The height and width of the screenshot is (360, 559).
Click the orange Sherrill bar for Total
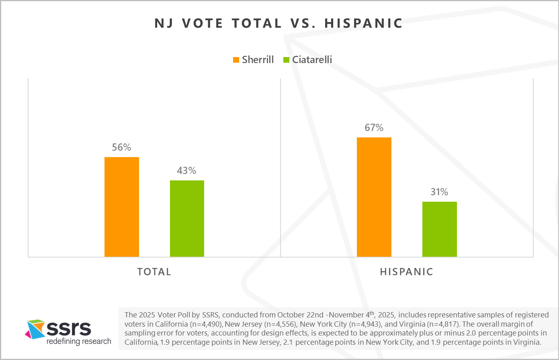click(x=121, y=207)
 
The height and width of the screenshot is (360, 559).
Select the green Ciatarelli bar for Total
click(x=187, y=219)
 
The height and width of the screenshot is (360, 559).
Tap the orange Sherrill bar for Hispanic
click(x=374, y=197)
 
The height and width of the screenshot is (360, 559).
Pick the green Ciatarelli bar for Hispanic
click(x=439, y=229)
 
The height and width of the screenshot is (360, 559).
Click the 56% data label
click(x=121, y=147)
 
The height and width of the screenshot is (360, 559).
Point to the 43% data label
click(x=186, y=171)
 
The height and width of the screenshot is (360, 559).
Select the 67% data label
click(x=374, y=128)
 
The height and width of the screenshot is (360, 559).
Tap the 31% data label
click(x=439, y=192)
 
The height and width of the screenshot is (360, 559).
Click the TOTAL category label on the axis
click(x=154, y=272)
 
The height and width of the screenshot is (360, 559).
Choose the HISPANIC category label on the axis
click(x=407, y=272)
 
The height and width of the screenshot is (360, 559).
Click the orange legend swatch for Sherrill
click(x=236, y=60)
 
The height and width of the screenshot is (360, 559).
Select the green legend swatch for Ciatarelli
click(x=287, y=60)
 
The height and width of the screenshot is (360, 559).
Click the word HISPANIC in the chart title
click(x=363, y=23)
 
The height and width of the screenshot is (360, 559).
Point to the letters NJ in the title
click(x=164, y=23)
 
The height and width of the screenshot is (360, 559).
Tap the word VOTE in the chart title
click(x=203, y=23)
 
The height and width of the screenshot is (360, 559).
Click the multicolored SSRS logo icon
click(x=35, y=329)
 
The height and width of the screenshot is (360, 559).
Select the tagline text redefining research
click(x=79, y=342)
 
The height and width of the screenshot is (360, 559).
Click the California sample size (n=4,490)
click(x=206, y=324)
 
